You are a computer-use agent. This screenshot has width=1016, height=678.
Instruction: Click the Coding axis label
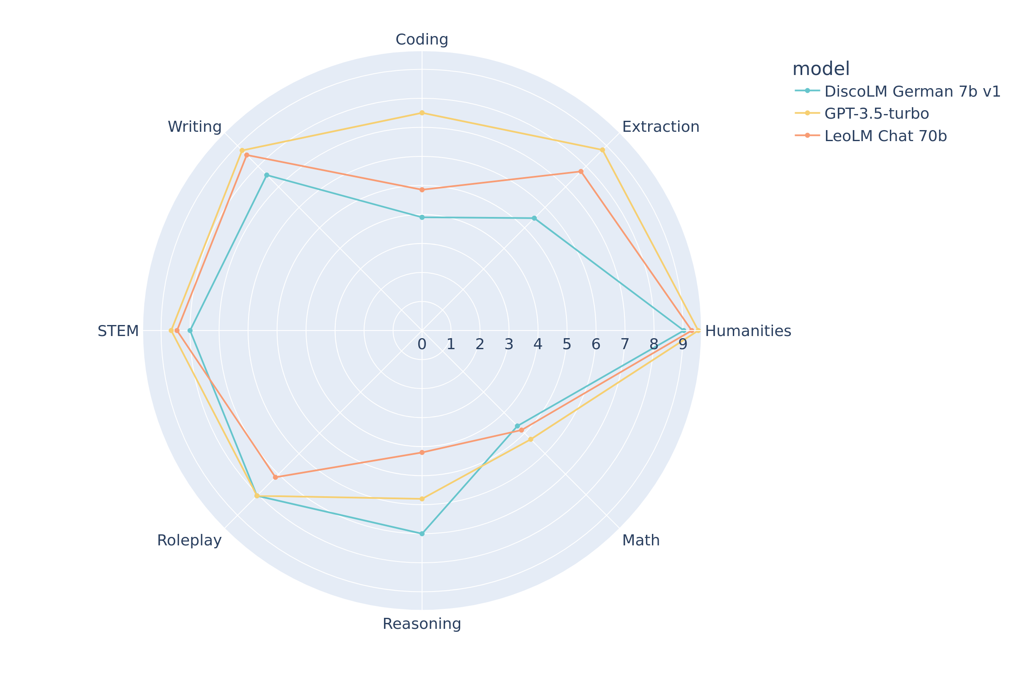tap(422, 40)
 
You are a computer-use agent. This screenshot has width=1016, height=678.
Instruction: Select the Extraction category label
tap(660, 127)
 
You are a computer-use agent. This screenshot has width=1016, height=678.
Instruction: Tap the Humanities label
tap(748, 331)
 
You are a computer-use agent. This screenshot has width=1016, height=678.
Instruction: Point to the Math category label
tap(641, 541)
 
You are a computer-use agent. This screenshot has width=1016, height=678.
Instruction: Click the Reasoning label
tap(422, 624)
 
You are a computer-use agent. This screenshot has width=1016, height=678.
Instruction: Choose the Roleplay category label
tap(189, 541)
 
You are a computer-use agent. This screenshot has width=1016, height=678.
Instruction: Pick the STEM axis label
tap(118, 331)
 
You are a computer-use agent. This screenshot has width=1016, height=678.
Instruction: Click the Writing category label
tap(194, 127)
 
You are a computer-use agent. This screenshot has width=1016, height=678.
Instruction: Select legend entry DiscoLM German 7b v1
tap(912, 92)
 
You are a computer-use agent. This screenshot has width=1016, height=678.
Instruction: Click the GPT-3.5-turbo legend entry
tap(876, 114)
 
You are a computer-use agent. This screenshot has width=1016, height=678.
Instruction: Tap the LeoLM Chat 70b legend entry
tap(886, 136)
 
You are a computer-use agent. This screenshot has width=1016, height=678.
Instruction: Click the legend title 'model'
tap(821, 69)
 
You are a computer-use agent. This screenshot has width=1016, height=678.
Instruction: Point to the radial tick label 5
tap(567, 345)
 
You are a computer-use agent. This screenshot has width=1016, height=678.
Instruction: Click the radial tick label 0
tap(422, 345)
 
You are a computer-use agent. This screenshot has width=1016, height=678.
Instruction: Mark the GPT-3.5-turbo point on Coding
tap(422, 113)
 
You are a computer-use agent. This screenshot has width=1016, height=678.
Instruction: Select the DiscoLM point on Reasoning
tap(422, 534)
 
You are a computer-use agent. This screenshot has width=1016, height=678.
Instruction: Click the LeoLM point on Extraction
tap(581, 172)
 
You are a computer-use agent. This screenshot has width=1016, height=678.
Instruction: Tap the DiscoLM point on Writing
tap(267, 175)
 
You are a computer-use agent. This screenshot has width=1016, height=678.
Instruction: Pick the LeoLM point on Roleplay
tap(275, 478)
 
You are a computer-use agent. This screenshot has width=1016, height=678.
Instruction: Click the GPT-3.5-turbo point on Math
tap(531, 440)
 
